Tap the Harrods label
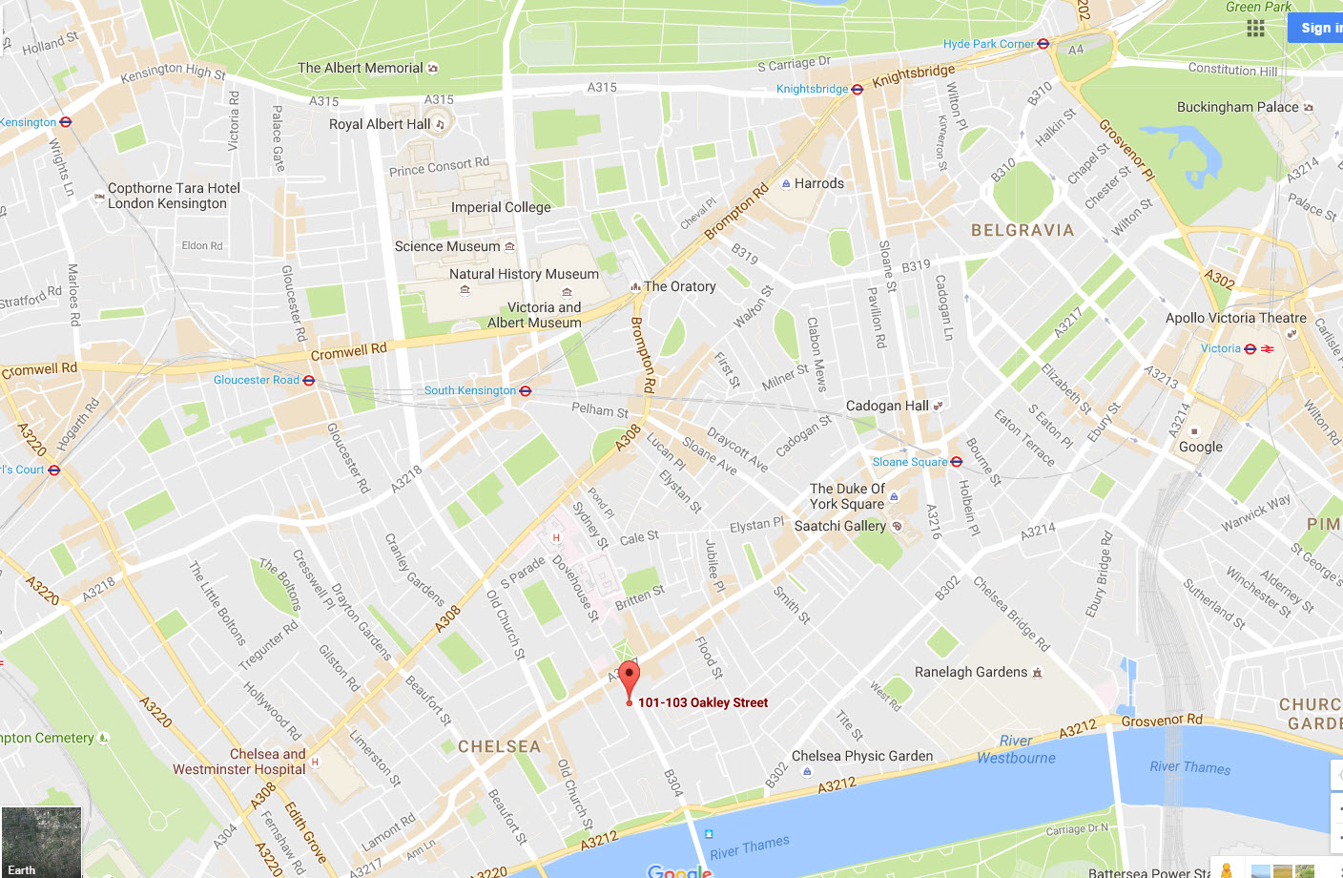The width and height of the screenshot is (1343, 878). [818, 183]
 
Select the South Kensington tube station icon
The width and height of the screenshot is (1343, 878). [526, 390]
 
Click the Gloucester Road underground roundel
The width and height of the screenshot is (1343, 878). [309, 380]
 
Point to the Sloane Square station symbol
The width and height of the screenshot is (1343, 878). [957, 462]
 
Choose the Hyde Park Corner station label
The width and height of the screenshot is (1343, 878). [988, 44]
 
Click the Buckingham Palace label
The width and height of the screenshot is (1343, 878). [1237, 107]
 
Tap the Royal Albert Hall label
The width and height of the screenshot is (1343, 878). [380, 124]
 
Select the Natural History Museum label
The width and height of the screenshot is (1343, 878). [524, 274]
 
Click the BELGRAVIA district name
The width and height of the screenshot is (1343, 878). [1023, 230]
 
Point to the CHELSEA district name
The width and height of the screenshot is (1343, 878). [499, 746]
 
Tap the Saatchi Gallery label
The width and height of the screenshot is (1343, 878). [839, 526]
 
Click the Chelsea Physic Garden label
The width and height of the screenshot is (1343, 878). [862, 756]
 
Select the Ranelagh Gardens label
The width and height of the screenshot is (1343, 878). [971, 672]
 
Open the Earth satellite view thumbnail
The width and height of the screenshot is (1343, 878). [41, 842]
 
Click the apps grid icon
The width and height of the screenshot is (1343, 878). [1255, 29]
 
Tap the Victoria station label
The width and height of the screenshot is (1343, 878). [1221, 348]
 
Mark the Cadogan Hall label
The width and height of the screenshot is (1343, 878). [887, 406]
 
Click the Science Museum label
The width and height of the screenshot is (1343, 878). [447, 246]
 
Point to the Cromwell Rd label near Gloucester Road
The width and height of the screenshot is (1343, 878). [349, 351]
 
